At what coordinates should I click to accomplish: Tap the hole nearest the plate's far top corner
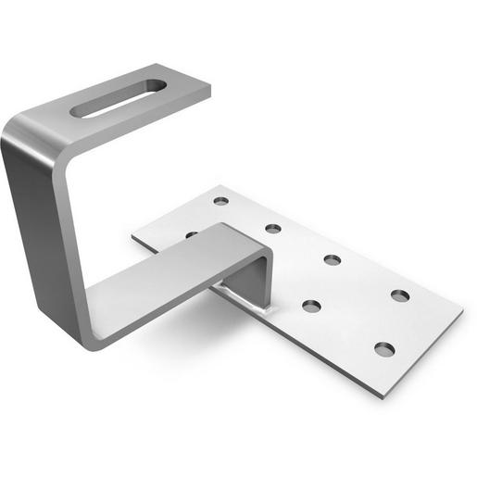coord(220,200)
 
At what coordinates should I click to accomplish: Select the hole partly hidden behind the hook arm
coord(191,234)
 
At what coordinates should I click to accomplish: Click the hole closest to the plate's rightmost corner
coord(400,295)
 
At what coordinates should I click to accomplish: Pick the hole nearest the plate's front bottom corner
coord(384,349)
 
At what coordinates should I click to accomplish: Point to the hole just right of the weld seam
coord(311,305)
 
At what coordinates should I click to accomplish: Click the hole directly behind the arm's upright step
coord(273,228)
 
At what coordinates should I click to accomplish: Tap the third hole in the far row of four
coord(333,259)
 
